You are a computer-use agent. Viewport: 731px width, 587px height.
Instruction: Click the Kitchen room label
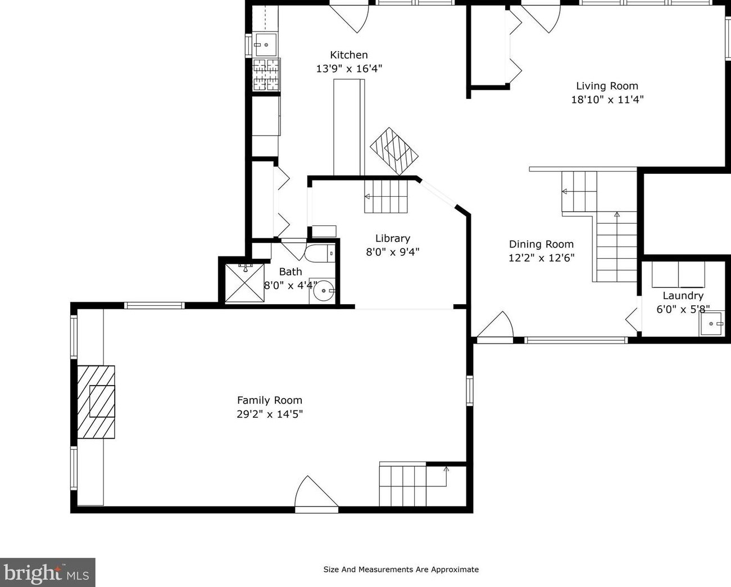click(349, 55)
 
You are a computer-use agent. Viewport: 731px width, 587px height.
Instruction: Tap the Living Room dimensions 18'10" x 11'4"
click(607, 100)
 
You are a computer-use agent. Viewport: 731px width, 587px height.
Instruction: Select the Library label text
click(393, 238)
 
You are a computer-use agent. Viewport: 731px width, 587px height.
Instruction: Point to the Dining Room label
click(542, 244)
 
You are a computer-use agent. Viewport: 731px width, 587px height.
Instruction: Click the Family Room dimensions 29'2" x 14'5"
click(270, 414)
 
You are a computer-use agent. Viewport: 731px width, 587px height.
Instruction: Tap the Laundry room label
click(683, 296)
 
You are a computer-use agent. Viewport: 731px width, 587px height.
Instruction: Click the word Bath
click(290, 272)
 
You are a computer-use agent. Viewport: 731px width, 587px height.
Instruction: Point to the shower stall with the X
click(244, 283)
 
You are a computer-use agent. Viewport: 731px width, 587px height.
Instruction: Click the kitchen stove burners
click(266, 74)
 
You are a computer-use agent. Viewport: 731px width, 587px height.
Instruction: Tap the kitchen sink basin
click(266, 44)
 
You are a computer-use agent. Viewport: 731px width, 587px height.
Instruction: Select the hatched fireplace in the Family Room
click(96, 402)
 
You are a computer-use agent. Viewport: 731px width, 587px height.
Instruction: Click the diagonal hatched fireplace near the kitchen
click(394, 151)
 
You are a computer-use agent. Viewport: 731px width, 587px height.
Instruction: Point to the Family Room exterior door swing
click(316, 494)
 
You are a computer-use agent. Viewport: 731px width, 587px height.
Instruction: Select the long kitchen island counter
click(349, 128)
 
